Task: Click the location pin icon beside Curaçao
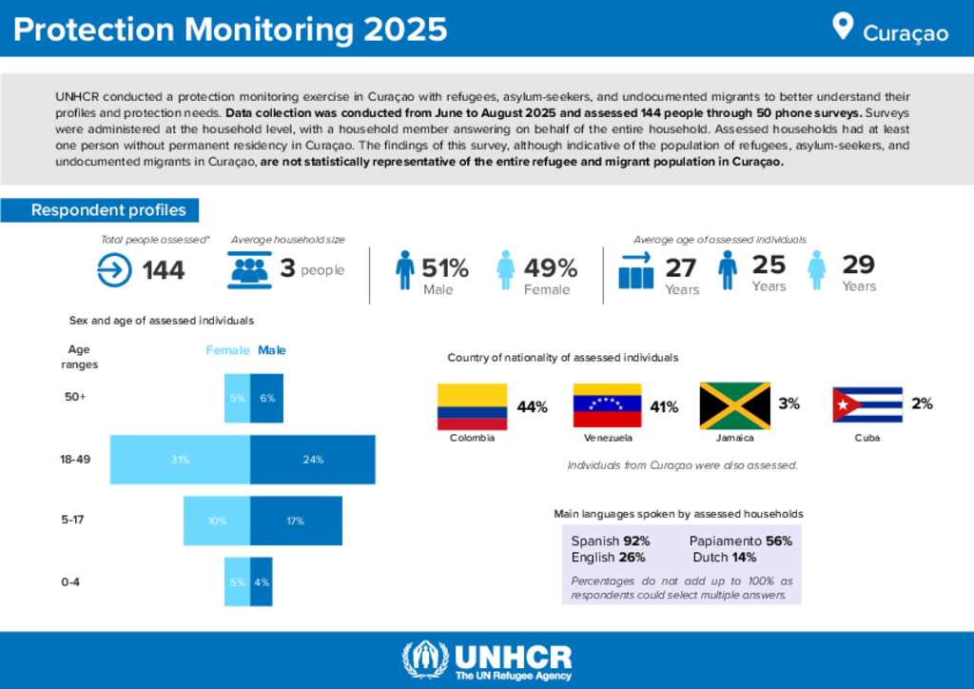[x=842, y=26]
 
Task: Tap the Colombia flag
[x=471, y=406]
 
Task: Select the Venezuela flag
[x=607, y=406]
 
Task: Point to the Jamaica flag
[x=734, y=406]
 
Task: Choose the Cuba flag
[x=867, y=404]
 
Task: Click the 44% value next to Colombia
[x=532, y=407]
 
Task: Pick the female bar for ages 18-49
[x=180, y=460]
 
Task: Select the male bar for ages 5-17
[x=296, y=521]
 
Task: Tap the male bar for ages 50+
[x=266, y=398]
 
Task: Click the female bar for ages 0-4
[x=237, y=581]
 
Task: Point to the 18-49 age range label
[x=75, y=460]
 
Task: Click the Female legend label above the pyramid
[x=228, y=350]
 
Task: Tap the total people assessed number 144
[x=164, y=271]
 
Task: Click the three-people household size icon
[x=250, y=271]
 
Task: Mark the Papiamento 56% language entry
[x=740, y=541]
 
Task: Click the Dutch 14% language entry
[x=725, y=557]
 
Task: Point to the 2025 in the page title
[x=403, y=30]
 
